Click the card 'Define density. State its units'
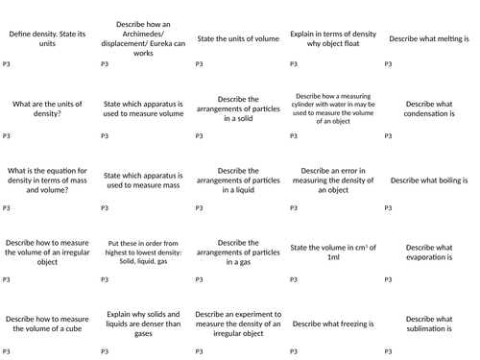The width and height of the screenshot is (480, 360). tap(47, 38)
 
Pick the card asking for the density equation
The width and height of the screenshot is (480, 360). tap(47, 180)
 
